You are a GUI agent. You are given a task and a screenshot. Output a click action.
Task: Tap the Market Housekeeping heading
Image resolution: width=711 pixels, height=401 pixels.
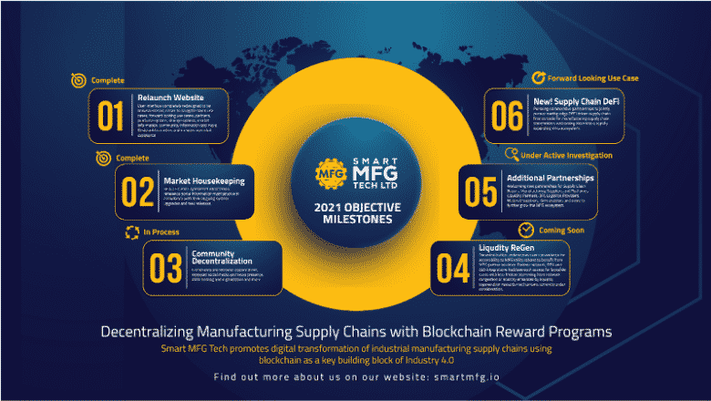[203, 180]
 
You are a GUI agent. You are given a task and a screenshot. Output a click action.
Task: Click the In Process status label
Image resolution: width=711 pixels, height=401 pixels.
[160, 232]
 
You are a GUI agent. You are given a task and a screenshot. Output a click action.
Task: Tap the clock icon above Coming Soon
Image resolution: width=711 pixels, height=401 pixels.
[526, 229]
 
